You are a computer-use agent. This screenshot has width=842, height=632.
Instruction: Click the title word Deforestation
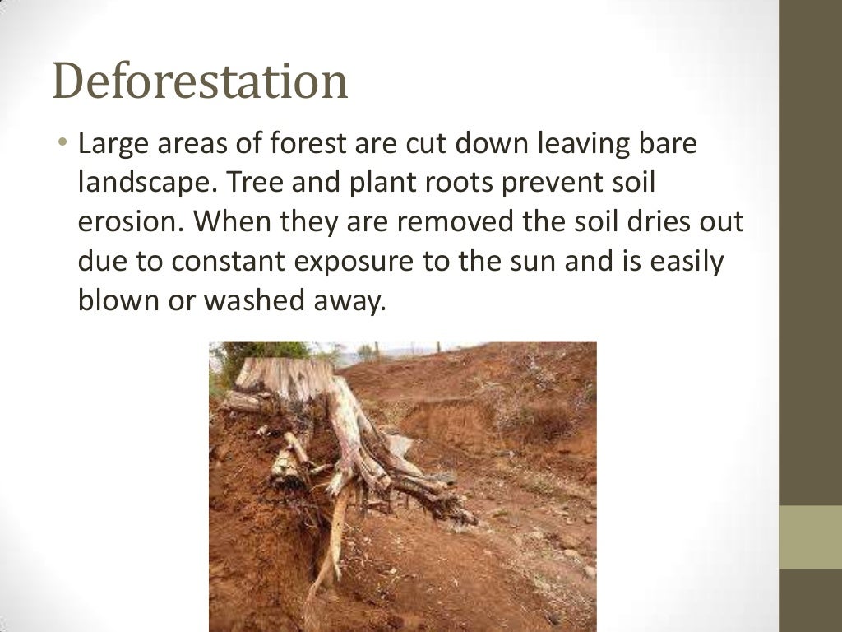click(200, 83)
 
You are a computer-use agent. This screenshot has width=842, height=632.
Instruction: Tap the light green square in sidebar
click(810, 537)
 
